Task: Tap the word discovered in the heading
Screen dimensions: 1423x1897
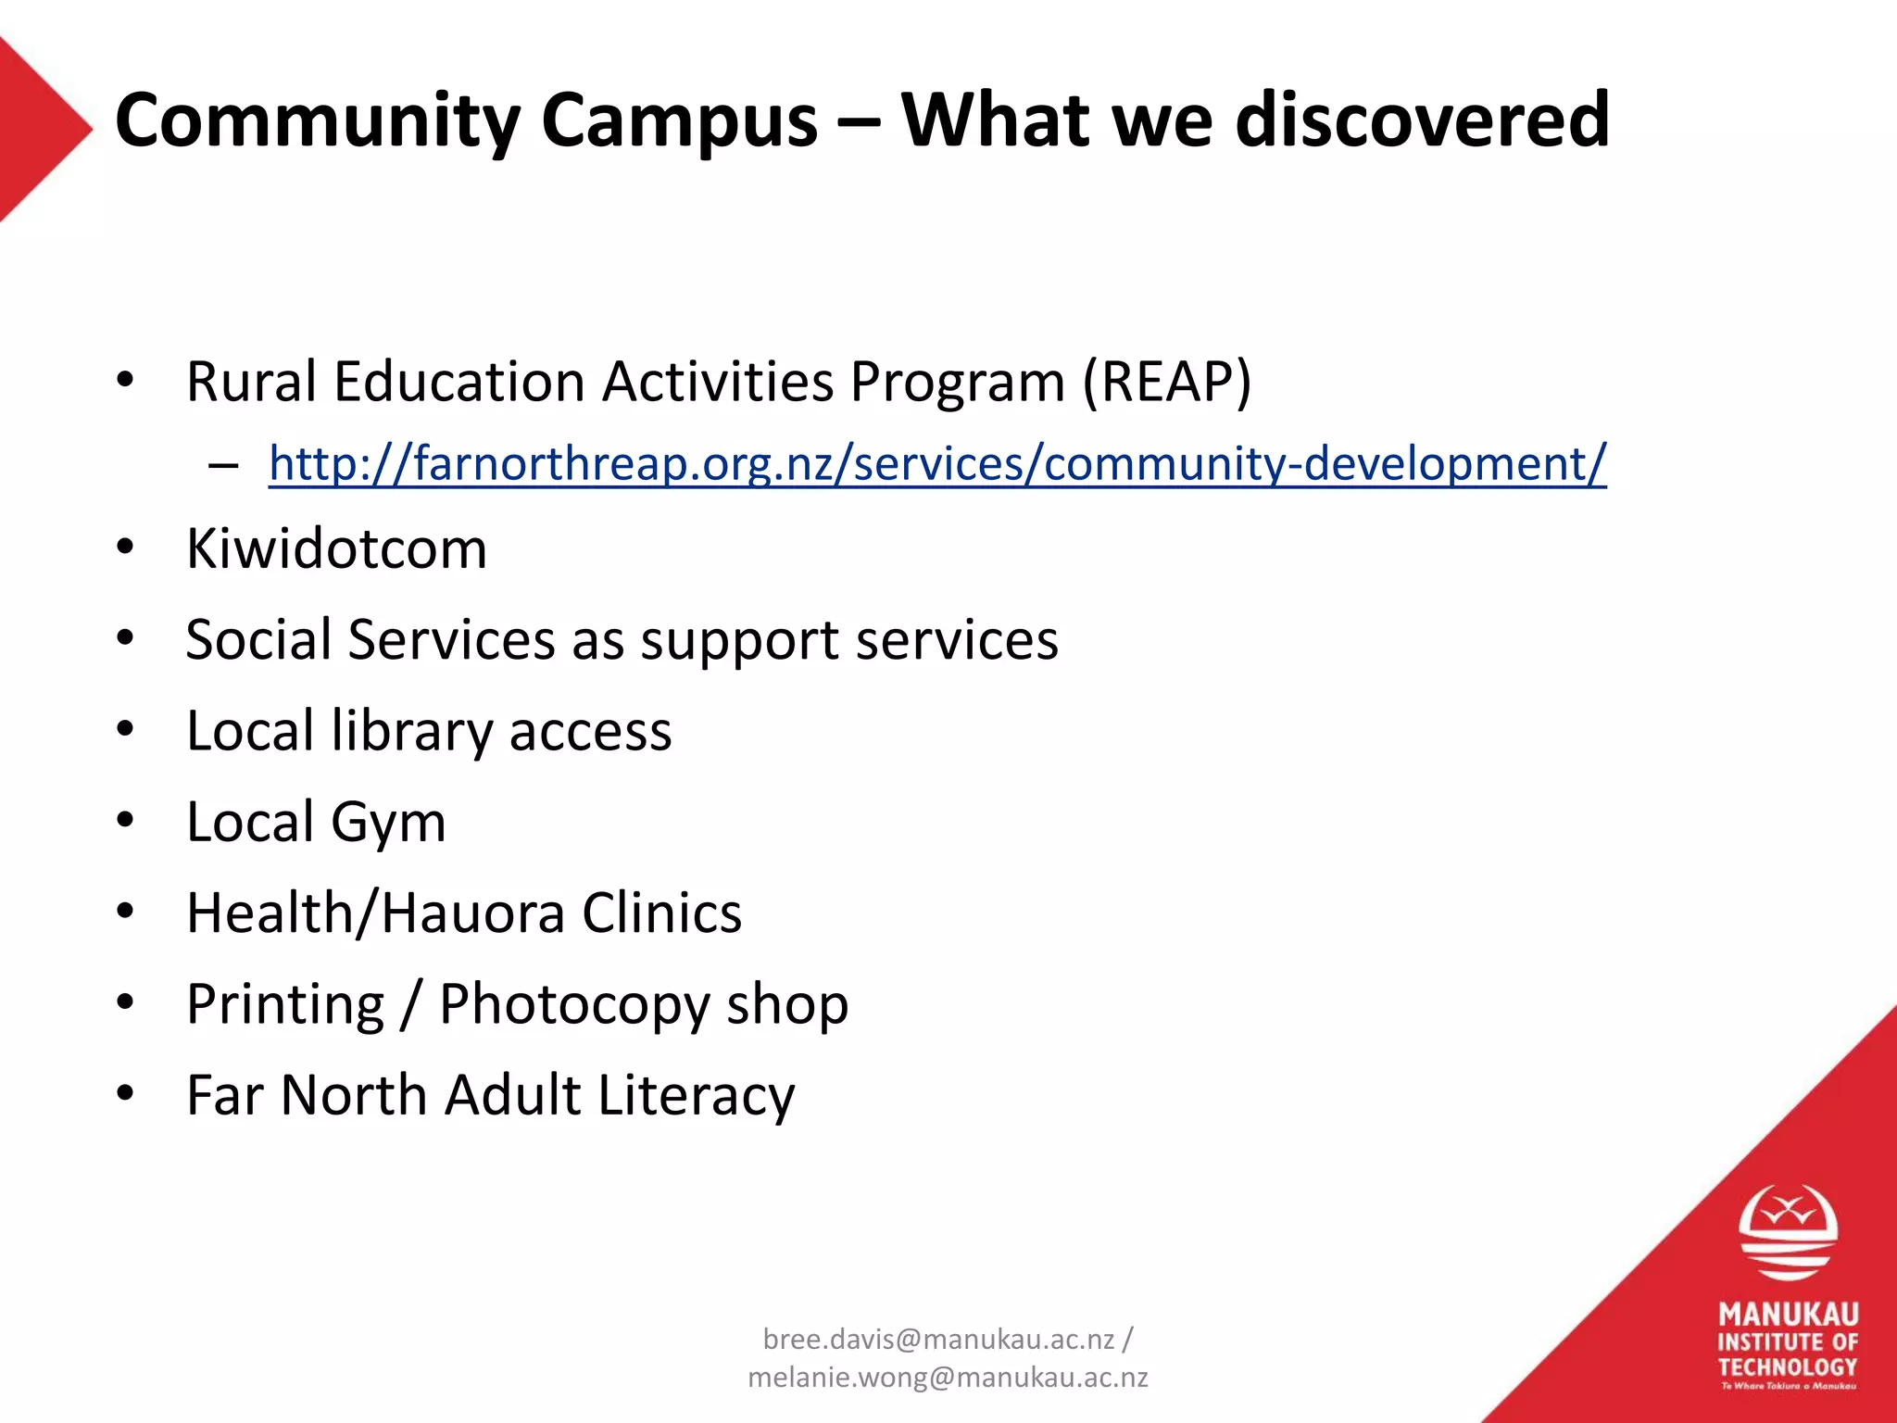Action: tap(1423, 120)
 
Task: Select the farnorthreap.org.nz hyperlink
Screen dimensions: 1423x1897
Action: tap(936, 463)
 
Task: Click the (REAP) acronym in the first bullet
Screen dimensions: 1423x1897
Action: tap(1167, 382)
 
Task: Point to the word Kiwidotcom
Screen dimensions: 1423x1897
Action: tap(336, 548)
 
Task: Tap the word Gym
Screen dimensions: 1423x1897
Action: tap(388, 823)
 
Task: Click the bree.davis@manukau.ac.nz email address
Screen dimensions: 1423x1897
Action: tap(937, 1339)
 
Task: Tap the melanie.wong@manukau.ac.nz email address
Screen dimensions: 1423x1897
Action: tap(948, 1378)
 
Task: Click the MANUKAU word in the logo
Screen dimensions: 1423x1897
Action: tap(1788, 1315)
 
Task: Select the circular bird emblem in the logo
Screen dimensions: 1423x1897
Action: tap(1788, 1232)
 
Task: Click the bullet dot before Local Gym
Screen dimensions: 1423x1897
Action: tap(125, 821)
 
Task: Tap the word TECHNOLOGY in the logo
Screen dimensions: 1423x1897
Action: tap(1788, 1366)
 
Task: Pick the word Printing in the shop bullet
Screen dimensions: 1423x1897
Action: tap(285, 1004)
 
